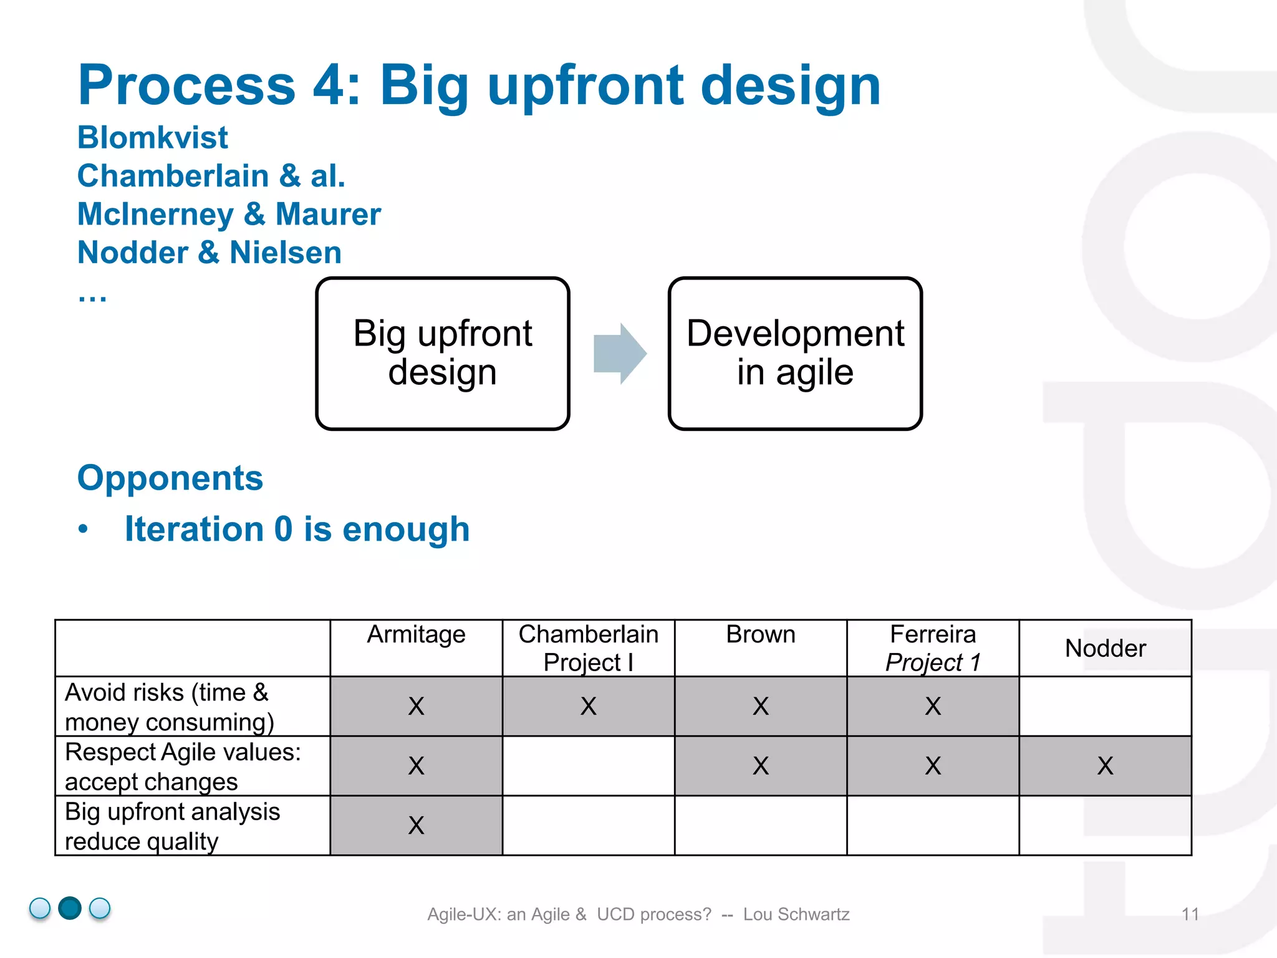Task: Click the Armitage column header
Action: point(416,635)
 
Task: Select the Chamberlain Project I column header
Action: point(588,648)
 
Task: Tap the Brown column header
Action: point(760,635)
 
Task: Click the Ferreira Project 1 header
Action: point(933,648)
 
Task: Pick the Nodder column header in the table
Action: point(1105,649)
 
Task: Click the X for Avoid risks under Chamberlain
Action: point(588,707)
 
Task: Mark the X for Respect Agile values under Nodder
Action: point(1105,766)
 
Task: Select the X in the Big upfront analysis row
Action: point(416,826)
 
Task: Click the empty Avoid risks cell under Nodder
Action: point(1105,707)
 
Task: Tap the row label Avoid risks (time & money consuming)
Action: point(168,707)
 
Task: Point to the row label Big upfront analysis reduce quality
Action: point(172,826)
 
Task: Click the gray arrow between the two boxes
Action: point(619,354)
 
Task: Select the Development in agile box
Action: point(795,354)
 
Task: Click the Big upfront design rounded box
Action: point(443,354)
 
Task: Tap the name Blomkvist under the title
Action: point(153,138)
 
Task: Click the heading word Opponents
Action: point(170,478)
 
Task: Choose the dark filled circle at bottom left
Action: point(70,908)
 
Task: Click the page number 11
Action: point(1190,914)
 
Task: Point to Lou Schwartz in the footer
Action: point(796,914)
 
